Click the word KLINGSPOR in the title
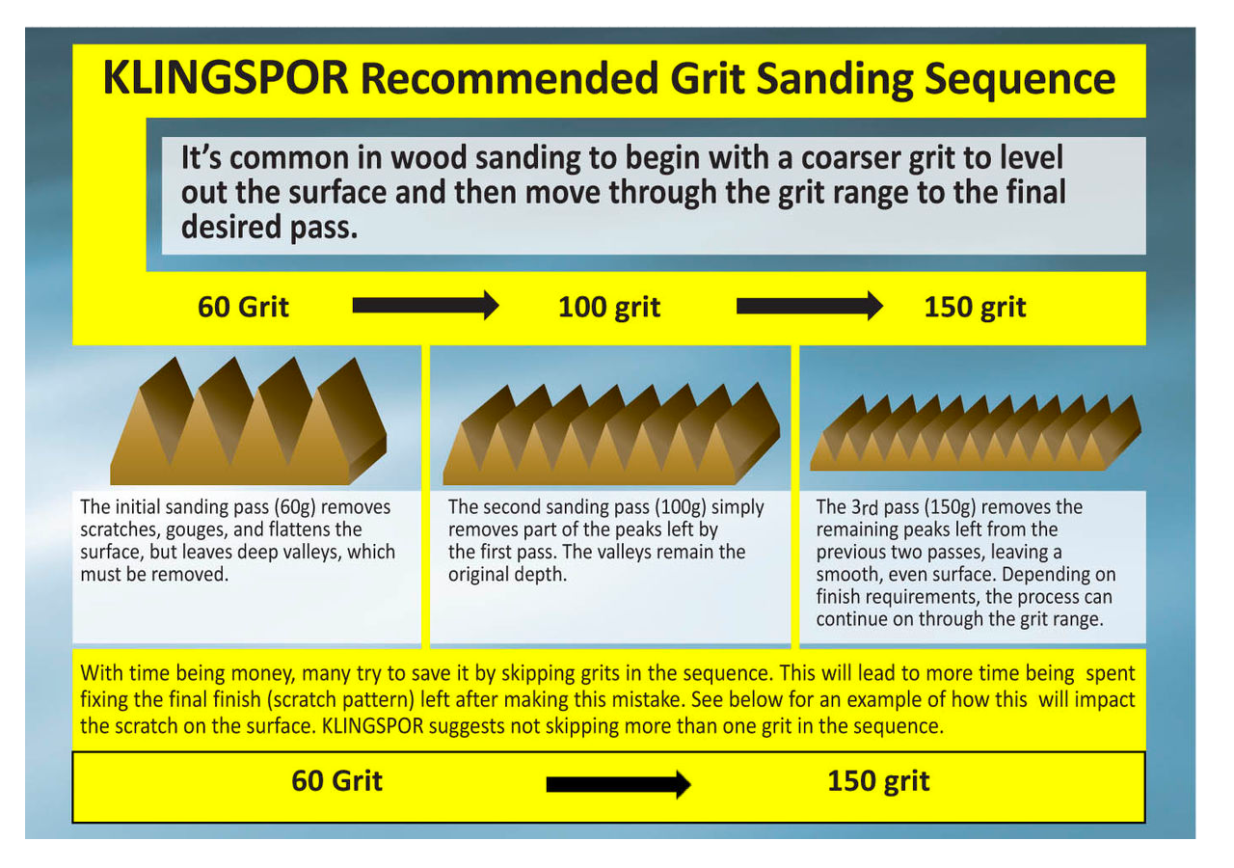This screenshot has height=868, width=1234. [226, 78]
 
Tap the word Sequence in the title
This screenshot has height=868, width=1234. [1020, 80]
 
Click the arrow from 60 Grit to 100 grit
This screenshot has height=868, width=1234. [425, 306]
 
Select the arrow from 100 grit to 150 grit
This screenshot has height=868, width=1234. [810, 306]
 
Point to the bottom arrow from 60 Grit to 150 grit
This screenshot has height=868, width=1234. [619, 784]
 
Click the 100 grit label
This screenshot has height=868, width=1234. [609, 308]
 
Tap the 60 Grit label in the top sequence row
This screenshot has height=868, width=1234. [243, 307]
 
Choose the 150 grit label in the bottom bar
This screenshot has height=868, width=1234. [878, 781]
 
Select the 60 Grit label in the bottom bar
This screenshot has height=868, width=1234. [336, 781]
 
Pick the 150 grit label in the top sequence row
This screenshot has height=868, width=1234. [975, 308]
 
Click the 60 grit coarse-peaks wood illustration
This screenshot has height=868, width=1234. [248, 421]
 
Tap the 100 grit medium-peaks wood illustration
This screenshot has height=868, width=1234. [611, 434]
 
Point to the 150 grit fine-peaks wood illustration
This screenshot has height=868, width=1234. [976, 433]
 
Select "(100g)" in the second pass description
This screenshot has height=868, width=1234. [681, 507]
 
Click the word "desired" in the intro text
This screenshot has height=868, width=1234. [232, 227]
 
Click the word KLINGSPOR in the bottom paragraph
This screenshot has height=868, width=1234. [372, 726]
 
